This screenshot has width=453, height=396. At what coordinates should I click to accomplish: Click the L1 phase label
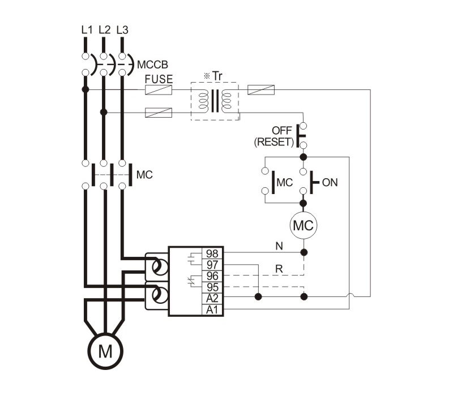(86, 29)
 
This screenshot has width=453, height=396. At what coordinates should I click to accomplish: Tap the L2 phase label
(104, 29)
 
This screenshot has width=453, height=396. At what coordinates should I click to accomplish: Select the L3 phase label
(122, 29)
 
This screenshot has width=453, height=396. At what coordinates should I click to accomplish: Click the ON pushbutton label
(330, 182)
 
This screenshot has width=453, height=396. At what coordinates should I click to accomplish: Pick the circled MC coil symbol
(304, 226)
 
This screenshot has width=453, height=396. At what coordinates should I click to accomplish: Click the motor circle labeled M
(105, 352)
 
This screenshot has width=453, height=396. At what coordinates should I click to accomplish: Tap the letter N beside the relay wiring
(279, 246)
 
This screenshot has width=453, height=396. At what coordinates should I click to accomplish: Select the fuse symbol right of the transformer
(262, 89)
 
